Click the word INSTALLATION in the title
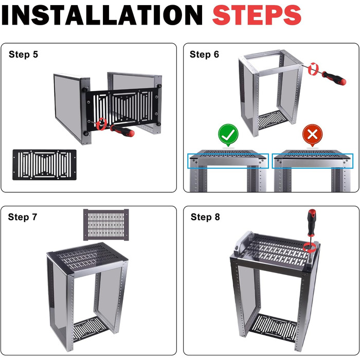coord(102,15)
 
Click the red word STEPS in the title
coord(257,15)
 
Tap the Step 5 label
coord(23,55)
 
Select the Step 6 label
coord(204,55)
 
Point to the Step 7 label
coord(23,217)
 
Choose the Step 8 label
coord(205,217)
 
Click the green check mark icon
coord(228,135)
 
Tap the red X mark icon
coord(312,135)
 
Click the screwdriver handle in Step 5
coord(122,131)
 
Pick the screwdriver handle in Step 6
coord(334,78)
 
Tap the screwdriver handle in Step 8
coord(312,223)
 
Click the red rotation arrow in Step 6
coord(313,68)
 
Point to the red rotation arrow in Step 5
coord(101,124)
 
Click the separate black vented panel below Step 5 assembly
coord(44,165)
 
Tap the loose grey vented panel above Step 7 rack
coord(106,225)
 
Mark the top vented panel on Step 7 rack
coord(87,258)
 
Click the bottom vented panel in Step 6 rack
coord(272,120)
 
